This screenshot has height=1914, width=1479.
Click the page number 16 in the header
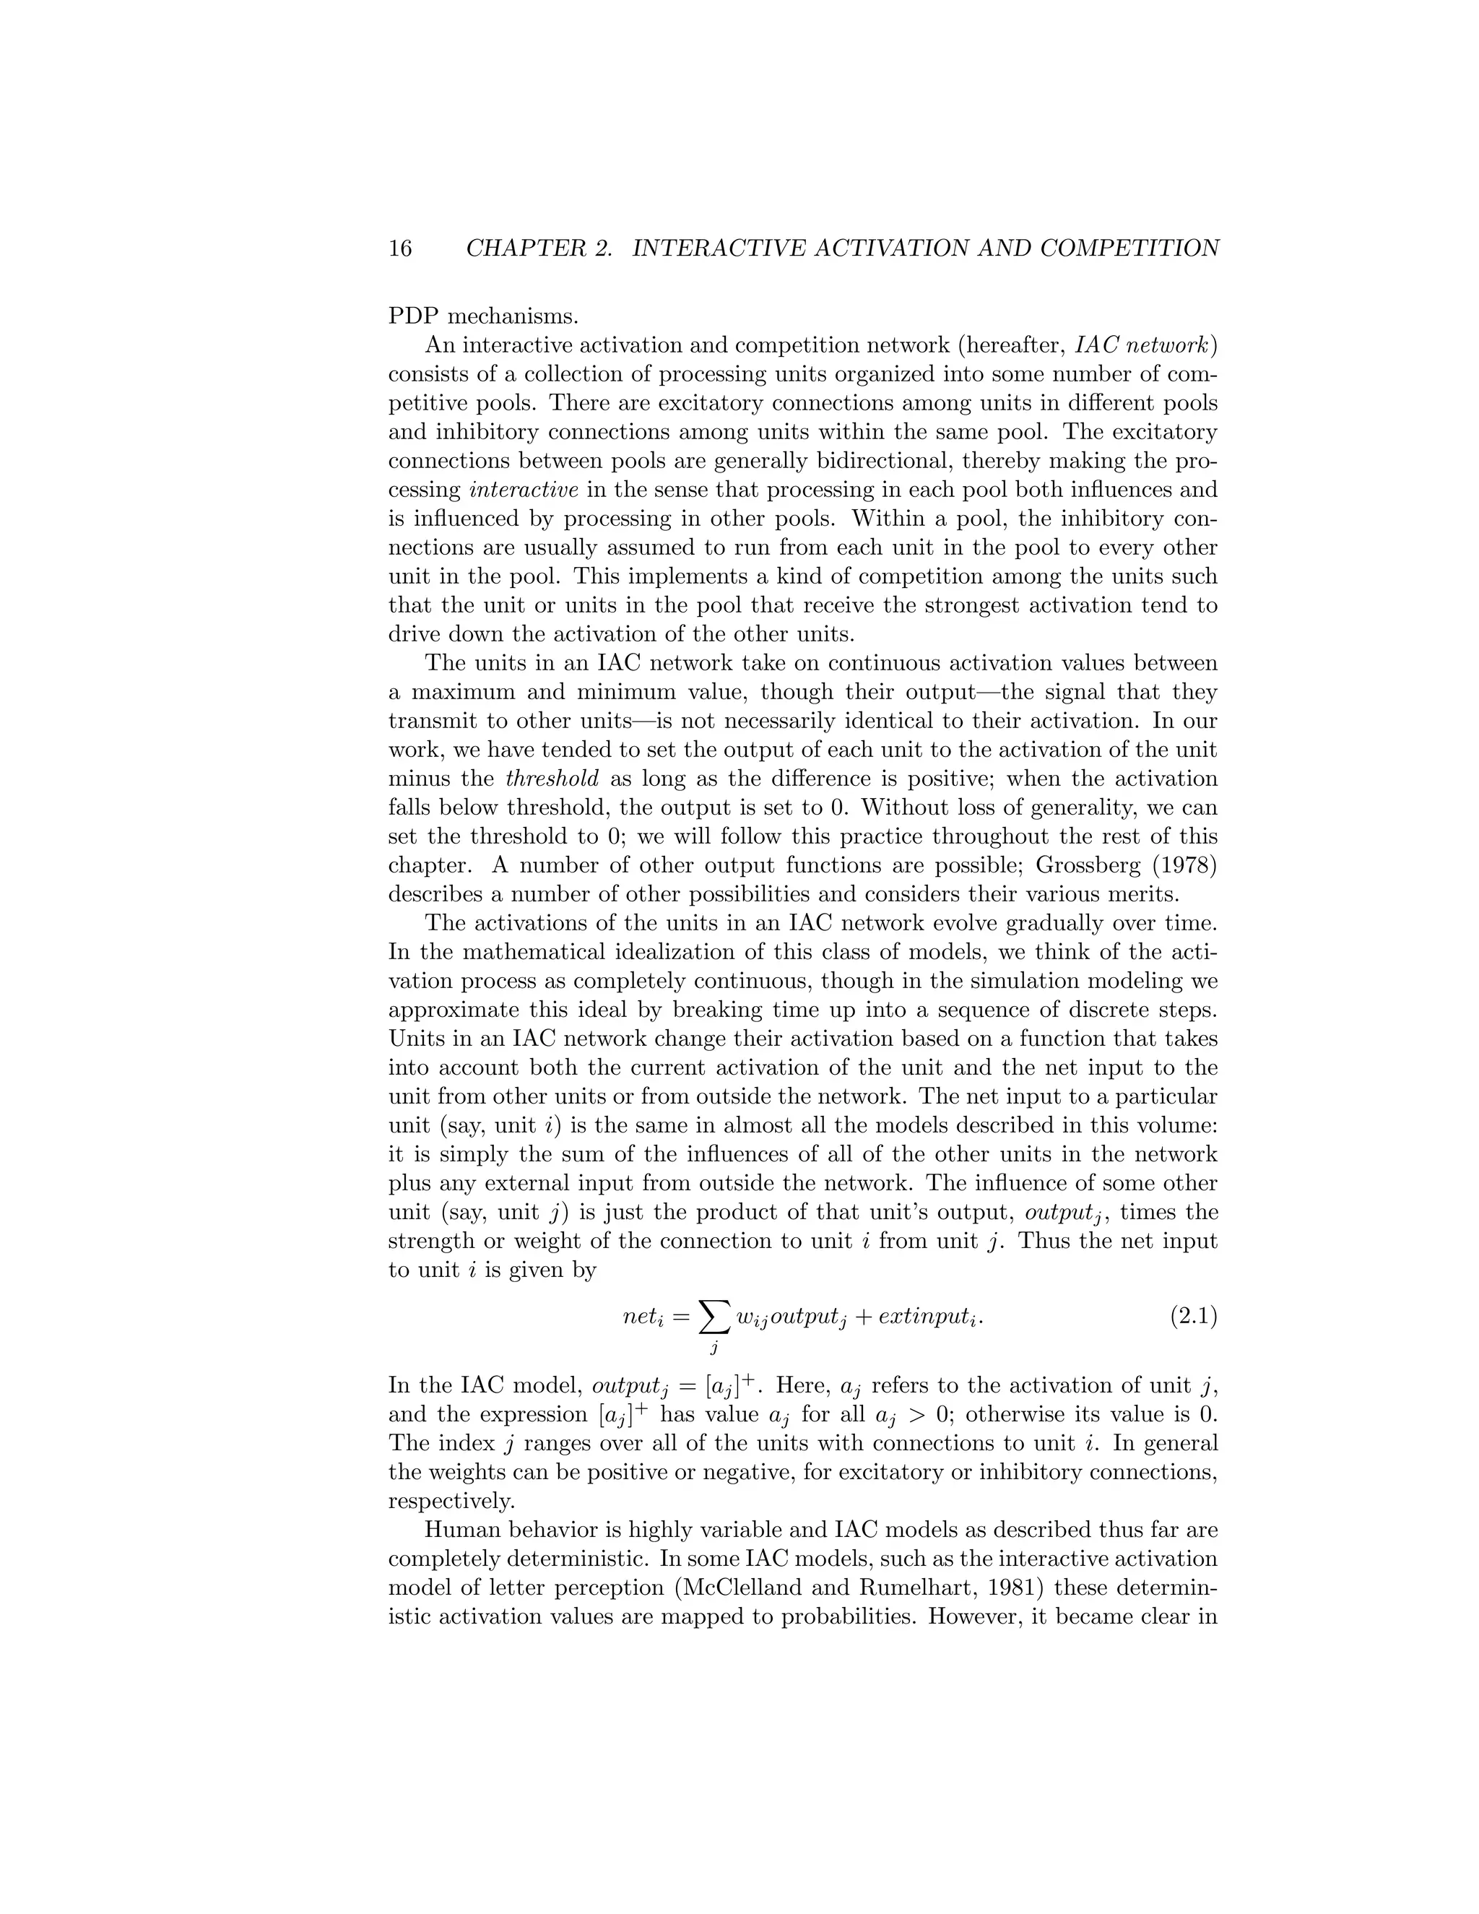[399, 249]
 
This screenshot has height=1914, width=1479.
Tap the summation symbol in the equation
[714, 1315]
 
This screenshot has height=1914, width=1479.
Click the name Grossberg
[1088, 866]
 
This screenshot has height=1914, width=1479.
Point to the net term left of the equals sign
[645, 1317]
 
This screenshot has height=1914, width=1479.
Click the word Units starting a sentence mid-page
[415, 1039]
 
